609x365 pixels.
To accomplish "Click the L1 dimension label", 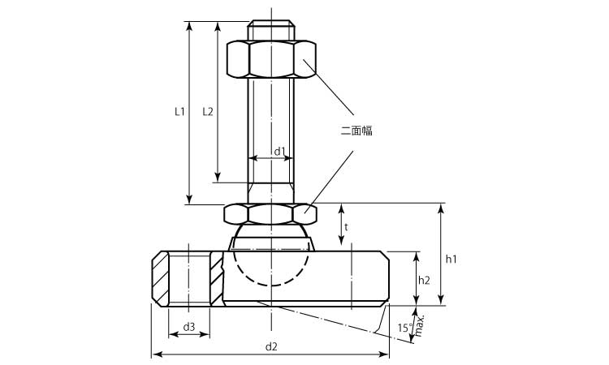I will [179, 112].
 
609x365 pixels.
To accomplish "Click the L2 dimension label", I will [207, 112].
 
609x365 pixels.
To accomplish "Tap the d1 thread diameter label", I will [279, 151].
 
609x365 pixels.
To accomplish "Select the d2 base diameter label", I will [271, 346].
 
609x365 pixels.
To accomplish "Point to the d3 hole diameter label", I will [188, 327].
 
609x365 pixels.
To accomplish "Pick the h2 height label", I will [424, 280].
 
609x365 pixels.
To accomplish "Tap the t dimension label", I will [346, 228].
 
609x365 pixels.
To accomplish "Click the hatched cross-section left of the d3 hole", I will [160, 280].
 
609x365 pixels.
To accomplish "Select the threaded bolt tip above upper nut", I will [271, 30].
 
